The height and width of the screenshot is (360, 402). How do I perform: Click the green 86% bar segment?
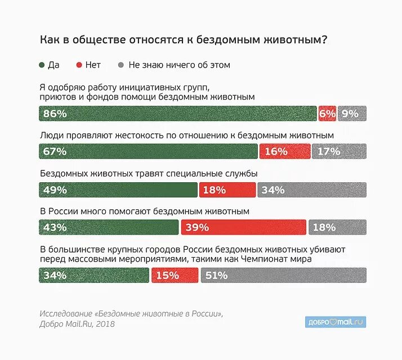177,114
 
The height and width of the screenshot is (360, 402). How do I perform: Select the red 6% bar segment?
327,114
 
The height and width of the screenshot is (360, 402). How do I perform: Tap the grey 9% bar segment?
352,114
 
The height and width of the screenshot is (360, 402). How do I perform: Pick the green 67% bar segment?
148,151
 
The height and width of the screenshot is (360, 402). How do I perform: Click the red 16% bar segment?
285,151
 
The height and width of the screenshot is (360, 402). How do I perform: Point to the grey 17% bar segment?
339,151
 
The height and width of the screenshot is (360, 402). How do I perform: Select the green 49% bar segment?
118,190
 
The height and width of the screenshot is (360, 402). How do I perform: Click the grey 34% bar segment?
312,190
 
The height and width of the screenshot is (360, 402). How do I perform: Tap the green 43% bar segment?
109,227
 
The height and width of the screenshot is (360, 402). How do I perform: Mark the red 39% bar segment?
244,227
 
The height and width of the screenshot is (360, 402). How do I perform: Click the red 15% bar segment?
174,275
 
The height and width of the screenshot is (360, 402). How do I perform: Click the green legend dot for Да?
42,65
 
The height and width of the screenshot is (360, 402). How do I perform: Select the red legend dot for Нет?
79,65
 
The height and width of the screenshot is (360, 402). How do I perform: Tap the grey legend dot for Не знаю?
121,65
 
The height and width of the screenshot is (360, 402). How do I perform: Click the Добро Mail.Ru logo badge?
336,322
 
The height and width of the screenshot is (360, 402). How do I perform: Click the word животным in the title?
295,40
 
